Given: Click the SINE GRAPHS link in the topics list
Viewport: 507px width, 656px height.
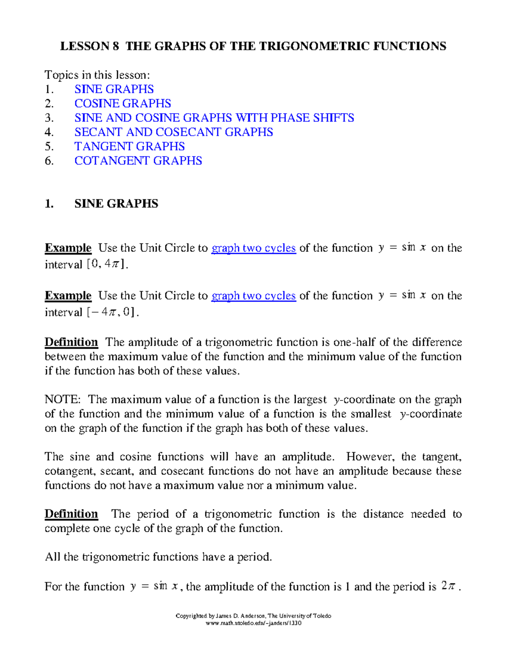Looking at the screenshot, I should coord(114,89).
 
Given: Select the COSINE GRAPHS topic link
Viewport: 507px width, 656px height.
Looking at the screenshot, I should coord(123,103).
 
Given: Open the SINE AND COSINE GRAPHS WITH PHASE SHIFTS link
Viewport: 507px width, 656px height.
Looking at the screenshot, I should coord(214,118).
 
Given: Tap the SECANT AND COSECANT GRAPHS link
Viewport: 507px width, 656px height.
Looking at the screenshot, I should coord(174,132).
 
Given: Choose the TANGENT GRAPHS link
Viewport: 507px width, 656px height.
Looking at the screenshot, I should coord(129,147).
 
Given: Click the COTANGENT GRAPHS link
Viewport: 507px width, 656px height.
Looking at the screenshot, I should coord(138,161).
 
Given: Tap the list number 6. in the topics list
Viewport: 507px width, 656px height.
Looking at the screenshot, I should coord(49,161).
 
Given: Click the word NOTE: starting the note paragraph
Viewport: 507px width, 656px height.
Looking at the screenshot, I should coord(63,400).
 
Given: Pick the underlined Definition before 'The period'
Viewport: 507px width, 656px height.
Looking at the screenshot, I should coord(71,514).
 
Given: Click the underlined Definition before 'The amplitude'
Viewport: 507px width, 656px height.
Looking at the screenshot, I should coord(71,342).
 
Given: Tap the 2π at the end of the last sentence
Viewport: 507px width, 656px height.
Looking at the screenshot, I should coord(448,586).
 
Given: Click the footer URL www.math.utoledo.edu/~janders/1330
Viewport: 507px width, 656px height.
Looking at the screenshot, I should coord(253,623).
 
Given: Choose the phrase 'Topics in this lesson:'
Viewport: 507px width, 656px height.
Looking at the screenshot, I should coord(97,75).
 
